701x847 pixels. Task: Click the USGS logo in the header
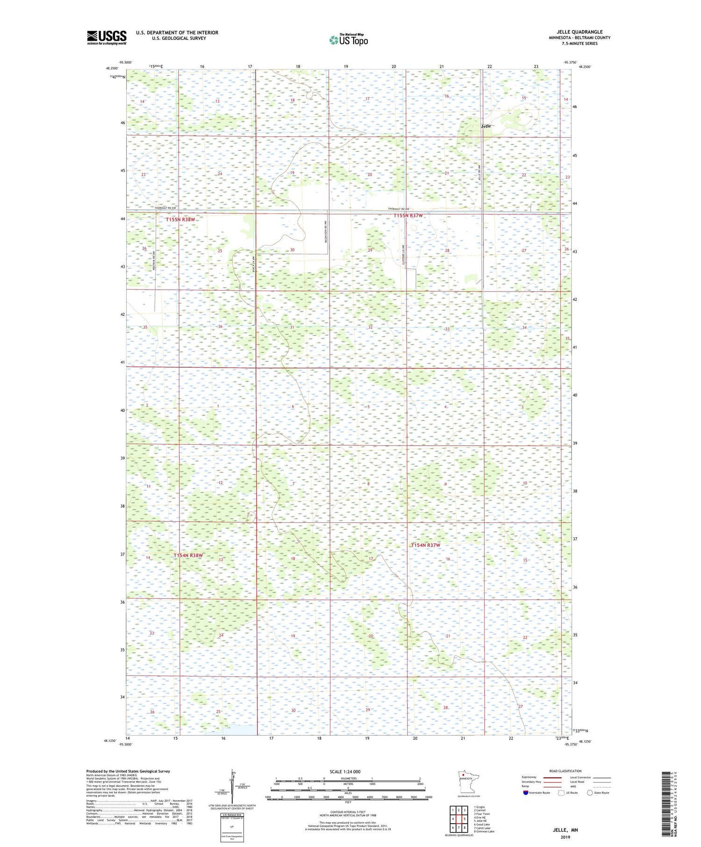tap(107, 37)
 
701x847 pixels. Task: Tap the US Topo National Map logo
tap(349, 40)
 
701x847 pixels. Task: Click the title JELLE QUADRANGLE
tap(579, 32)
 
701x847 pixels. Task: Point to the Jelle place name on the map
tap(486, 127)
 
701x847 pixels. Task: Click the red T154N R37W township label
tap(425, 545)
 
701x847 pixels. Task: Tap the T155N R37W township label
tap(408, 215)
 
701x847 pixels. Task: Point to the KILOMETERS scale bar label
tap(348, 778)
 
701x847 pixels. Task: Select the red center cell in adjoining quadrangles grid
tap(458, 819)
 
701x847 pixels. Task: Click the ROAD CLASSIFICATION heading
tap(565, 771)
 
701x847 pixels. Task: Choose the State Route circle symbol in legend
tap(590, 793)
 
